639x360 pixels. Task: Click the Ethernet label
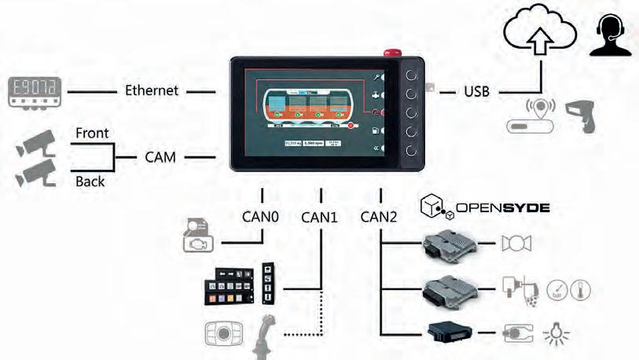[x=152, y=90]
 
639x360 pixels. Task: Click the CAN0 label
[x=259, y=215]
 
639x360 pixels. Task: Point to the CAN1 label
[x=319, y=216]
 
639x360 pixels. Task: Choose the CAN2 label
[x=379, y=215]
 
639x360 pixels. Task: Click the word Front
[x=92, y=134]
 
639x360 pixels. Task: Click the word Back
[x=90, y=182]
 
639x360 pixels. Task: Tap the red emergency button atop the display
[x=391, y=53]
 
